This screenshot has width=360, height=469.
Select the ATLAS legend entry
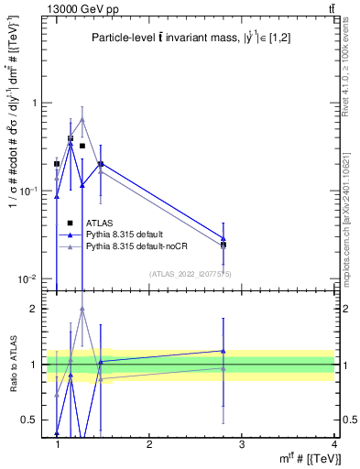pyautogui.click(x=100, y=223)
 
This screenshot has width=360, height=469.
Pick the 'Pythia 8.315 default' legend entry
pyautogui.click(x=129, y=234)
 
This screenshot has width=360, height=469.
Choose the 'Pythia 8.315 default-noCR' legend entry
pyautogui.click(x=138, y=246)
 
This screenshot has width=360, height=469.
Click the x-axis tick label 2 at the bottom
pyautogui.click(x=149, y=444)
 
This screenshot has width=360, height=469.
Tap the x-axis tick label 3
pyautogui.click(x=241, y=444)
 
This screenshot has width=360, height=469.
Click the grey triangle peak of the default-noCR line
pyautogui.click(x=82, y=119)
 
